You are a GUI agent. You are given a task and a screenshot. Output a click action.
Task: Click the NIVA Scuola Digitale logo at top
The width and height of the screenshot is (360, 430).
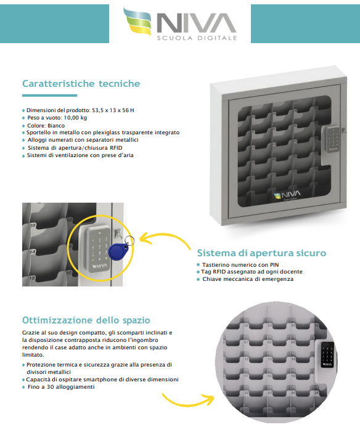(x=180, y=24)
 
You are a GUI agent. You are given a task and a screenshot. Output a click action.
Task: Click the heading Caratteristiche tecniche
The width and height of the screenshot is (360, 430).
(x=81, y=83)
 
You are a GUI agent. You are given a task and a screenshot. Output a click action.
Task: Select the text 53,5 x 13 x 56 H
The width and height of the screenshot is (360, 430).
(x=113, y=110)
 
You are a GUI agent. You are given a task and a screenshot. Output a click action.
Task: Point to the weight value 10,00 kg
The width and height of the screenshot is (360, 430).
(x=75, y=118)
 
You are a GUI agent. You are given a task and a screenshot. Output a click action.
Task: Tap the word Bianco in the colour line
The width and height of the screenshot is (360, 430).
(x=56, y=126)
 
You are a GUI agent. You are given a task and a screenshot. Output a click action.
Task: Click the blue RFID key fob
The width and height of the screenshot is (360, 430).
(x=118, y=251)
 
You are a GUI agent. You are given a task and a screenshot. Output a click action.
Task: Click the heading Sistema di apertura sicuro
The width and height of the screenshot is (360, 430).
(x=261, y=253)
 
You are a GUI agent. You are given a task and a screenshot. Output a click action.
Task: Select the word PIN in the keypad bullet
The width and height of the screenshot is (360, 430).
(x=274, y=265)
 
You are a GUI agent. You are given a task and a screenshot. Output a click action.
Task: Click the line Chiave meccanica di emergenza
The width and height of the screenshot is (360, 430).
(x=248, y=279)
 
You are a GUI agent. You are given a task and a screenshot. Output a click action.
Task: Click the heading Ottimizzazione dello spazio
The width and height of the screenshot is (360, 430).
(x=86, y=320)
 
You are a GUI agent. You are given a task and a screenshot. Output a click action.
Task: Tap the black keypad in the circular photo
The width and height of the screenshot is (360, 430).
(x=327, y=355)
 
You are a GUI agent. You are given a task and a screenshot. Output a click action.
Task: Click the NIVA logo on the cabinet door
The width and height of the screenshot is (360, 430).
(x=287, y=195)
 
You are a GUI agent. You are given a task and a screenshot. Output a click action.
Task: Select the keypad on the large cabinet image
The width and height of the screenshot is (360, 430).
(x=332, y=140)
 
